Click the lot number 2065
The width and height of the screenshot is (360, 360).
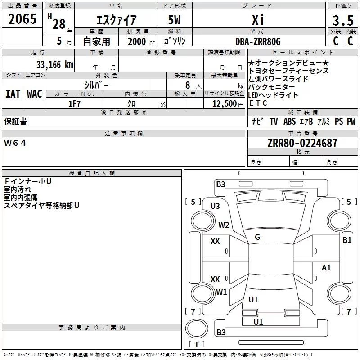(x=22, y=19)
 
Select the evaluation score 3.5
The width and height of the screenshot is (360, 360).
(x=343, y=20)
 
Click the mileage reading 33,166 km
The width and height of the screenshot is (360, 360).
(x=54, y=64)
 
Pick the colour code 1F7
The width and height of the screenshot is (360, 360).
(x=74, y=103)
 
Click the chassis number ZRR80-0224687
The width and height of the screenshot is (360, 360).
(x=302, y=143)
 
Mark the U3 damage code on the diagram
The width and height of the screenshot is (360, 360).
(x=215, y=206)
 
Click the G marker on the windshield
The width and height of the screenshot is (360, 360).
(x=257, y=237)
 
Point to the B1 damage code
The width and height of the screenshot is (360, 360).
(x=347, y=240)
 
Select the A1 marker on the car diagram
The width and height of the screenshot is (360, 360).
(x=326, y=268)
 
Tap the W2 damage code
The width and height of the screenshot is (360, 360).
(x=224, y=225)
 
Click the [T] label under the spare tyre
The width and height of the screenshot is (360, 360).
(x=196, y=345)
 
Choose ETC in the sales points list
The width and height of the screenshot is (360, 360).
(x=258, y=103)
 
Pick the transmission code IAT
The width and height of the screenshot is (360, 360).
(x=13, y=94)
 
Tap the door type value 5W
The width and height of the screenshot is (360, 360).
(x=175, y=20)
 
